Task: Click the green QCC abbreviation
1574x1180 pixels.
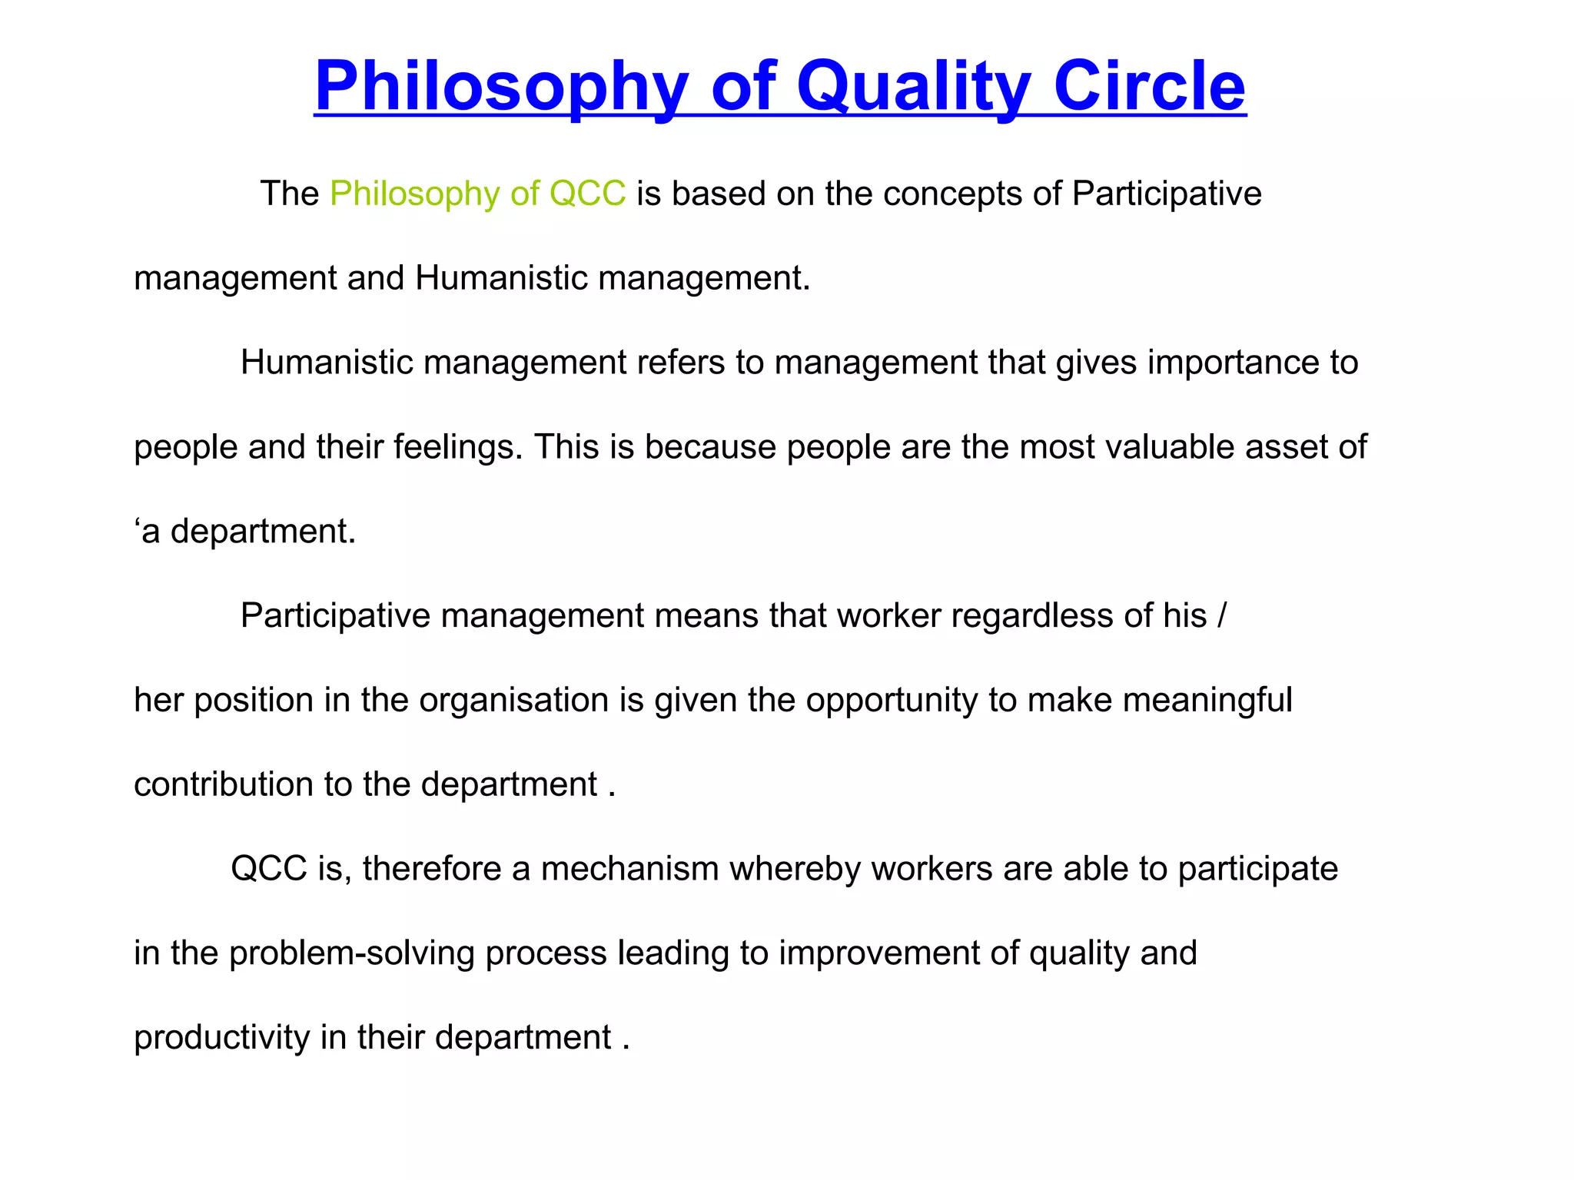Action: pyautogui.click(x=588, y=194)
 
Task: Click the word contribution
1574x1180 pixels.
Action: pyautogui.click(x=224, y=784)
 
